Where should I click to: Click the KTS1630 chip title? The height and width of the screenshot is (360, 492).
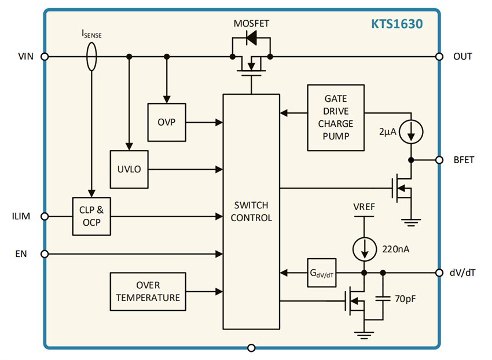point(396,24)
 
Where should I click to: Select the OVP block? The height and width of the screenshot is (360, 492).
point(166,122)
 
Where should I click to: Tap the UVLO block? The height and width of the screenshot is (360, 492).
point(129,170)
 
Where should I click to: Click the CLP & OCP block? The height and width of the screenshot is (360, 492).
point(91,216)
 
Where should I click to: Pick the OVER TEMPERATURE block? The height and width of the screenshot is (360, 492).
point(148,291)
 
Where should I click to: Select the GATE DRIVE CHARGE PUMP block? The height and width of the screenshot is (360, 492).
point(336,118)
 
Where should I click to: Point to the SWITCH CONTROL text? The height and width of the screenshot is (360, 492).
point(251,211)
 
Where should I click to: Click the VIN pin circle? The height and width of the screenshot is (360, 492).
point(44,57)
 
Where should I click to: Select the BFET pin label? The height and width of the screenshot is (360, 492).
point(463,160)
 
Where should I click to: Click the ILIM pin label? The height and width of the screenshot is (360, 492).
point(20,216)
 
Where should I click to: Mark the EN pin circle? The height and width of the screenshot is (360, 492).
point(44,254)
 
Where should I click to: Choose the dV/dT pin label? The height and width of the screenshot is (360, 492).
point(463,273)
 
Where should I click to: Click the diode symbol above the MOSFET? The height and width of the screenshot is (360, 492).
point(251,38)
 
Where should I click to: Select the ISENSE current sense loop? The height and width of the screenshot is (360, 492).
point(91,57)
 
